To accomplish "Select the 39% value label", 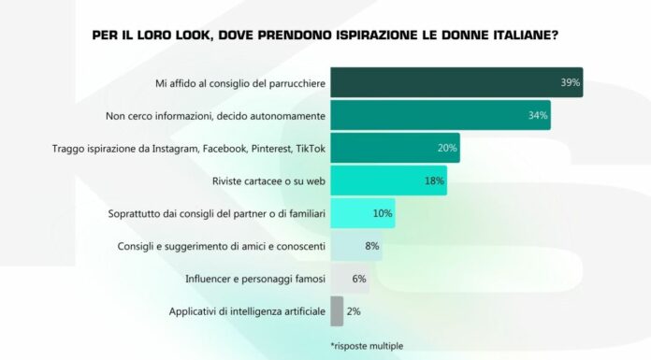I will (570, 83).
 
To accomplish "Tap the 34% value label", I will (537, 116).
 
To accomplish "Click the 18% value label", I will (434, 180).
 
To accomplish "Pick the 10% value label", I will (383, 213).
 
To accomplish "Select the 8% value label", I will (371, 246).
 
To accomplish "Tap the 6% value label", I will (359, 278).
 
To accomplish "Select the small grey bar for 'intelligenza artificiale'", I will (337, 310).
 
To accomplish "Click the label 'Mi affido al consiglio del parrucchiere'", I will (239, 83).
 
